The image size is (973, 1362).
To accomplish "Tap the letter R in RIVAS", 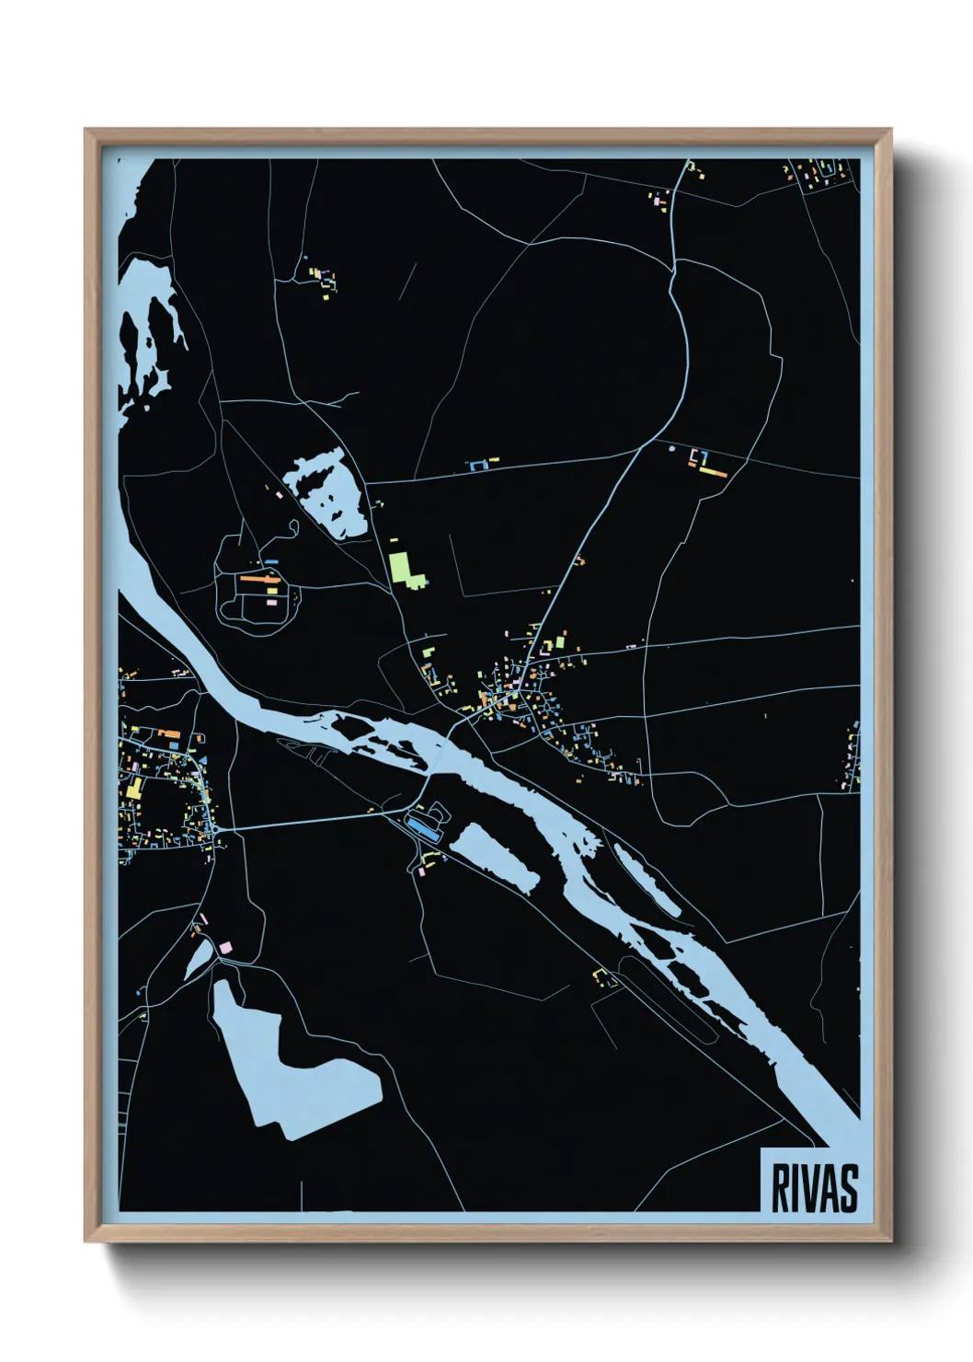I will [780, 1188].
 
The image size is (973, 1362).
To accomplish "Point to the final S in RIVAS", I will [848, 1188].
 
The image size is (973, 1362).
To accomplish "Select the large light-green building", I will [405, 568].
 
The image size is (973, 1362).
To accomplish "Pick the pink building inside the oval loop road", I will [271, 601].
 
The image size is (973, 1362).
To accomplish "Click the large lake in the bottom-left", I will [285, 1068].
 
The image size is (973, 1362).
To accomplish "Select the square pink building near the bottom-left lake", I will [224, 947].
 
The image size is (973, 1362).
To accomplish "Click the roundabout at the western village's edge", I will [215, 830].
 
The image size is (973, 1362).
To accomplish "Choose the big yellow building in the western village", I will [134, 788].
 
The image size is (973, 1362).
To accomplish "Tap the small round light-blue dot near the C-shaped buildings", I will [671, 448].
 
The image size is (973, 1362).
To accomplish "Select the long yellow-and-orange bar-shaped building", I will [714, 472].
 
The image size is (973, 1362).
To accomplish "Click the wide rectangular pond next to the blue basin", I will [495, 857].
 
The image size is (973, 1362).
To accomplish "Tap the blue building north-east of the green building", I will [477, 467].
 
